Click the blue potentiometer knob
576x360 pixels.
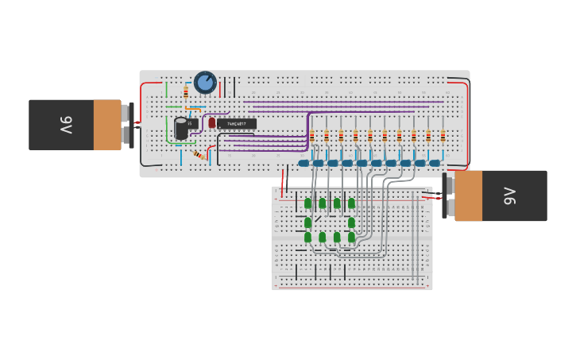tap(205, 82)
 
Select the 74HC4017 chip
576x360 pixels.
tap(237, 124)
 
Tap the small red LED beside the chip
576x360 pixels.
tap(212, 123)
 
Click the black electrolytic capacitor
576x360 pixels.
tap(181, 128)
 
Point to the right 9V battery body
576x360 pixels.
tap(501, 195)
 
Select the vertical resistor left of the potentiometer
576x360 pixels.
tap(186, 93)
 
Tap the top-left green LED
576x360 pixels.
tap(307, 203)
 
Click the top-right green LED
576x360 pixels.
tap(351, 203)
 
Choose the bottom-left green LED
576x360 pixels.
tap(307, 237)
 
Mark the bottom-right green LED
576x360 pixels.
tap(351, 237)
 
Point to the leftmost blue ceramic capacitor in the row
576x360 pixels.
tap(303, 163)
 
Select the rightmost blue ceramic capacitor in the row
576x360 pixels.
tap(435, 163)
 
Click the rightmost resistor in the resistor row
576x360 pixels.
tap(443, 136)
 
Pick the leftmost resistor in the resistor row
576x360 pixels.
tap(311, 136)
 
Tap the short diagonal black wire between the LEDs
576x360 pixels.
tap(318, 219)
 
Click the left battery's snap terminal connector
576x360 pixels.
tap(130, 125)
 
